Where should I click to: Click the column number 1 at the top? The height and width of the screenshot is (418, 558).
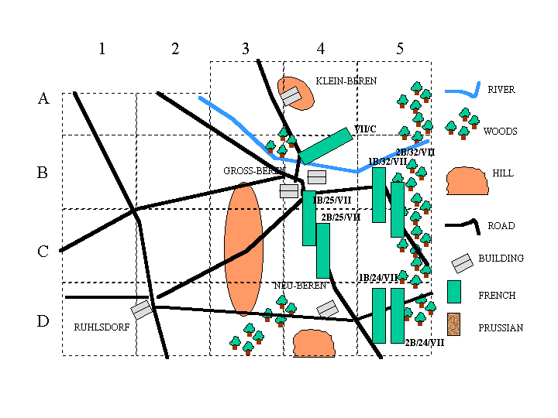click(x=102, y=50)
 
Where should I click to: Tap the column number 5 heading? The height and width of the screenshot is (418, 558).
click(x=400, y=50)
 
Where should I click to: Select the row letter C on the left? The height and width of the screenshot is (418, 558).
click(x=43, y=252)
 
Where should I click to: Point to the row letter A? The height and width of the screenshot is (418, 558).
click(x=43, y=99)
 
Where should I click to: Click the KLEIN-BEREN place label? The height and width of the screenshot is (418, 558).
click(x=346, y=81)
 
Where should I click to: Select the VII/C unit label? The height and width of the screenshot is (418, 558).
click(x=365, y=128)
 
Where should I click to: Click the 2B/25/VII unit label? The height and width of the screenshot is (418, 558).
click(x=341, y=218)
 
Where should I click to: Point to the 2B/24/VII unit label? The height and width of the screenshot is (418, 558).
click(x=425, y=342)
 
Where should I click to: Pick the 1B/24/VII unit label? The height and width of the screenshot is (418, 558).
click(x=378, y=277)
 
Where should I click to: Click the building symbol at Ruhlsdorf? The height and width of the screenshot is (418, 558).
click(x=141, y=310)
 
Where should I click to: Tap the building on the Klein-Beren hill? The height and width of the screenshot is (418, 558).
click(x=291, y=96)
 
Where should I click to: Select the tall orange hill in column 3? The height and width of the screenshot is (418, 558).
click(x=243, y=248)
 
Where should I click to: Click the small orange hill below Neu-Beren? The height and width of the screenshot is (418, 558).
click(x=312, y=342)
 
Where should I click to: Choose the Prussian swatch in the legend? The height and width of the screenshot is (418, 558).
click(x=454, y=325)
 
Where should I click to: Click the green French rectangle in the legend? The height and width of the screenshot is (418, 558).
click(x=454, y=292)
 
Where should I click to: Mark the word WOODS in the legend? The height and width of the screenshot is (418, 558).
click(x=500, y=132)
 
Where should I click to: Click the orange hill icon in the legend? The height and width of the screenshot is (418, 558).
click(x=463, y=180)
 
